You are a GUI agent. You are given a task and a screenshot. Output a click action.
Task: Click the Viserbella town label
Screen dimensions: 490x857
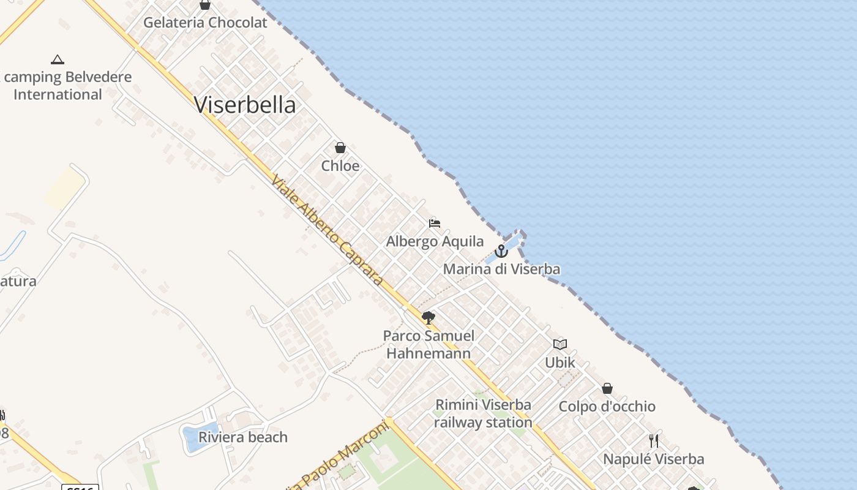click(245, 105)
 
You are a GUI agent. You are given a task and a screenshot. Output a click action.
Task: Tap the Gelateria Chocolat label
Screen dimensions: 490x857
click(205, 23)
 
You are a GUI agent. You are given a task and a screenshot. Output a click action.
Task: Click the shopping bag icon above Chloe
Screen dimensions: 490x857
click(340, 148)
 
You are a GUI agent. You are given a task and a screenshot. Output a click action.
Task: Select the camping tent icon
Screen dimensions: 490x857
click(58, 59)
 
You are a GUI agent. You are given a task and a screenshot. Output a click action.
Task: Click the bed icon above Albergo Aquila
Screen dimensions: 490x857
click(435, 223)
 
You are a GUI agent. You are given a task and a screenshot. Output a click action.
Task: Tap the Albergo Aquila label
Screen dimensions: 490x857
click(435, 241)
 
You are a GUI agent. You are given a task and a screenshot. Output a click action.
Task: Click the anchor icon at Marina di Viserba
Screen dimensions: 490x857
click(501, 251)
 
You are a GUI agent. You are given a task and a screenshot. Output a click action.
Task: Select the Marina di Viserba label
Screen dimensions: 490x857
click(501, 269)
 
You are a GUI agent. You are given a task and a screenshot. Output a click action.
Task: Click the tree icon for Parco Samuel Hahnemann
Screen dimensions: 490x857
click(428, 317)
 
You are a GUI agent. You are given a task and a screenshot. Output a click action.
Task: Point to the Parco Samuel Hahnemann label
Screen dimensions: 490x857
click(428, 344)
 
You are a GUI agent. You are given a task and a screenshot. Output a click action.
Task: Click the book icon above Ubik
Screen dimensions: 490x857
click(560, 344)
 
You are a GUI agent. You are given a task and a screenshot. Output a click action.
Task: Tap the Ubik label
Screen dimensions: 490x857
click(560, 363)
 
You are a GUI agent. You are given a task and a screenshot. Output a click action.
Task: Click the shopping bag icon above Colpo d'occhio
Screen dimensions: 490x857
click(607, 388)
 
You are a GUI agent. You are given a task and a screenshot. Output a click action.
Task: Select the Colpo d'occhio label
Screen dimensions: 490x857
click(607, 407)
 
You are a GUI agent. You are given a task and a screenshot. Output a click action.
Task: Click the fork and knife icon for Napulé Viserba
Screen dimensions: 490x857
click(654, 441)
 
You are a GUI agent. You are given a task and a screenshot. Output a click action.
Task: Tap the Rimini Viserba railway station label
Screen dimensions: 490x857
click(483, 413)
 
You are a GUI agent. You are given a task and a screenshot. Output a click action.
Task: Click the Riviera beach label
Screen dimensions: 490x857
click(243, 437)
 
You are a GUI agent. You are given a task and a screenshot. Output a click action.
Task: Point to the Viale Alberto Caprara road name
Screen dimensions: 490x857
click(327, 230)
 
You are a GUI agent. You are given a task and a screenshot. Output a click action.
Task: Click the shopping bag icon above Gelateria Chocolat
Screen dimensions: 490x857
click(205, 5)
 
